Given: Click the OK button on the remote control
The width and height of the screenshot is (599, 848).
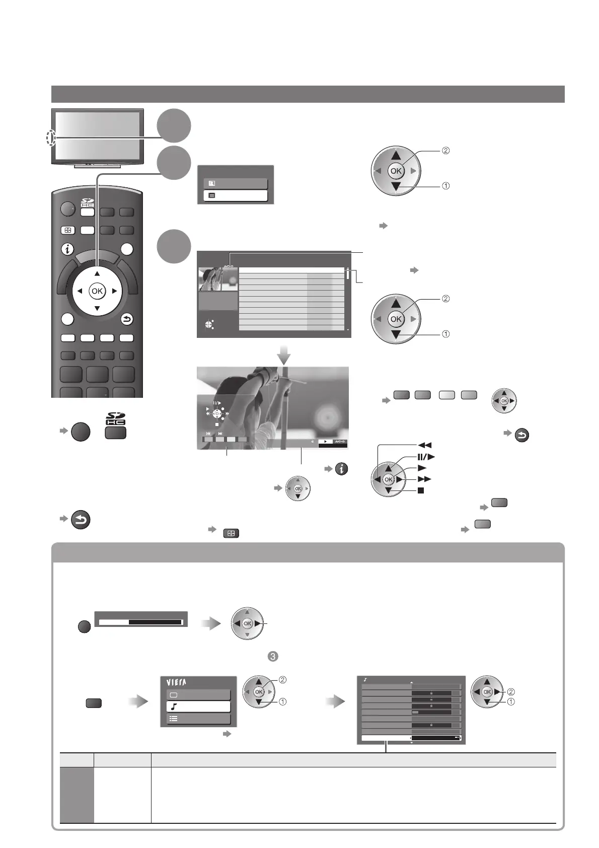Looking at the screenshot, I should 97,291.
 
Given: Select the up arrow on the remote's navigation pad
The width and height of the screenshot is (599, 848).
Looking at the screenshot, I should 97,274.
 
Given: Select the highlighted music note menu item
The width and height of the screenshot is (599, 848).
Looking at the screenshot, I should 198,706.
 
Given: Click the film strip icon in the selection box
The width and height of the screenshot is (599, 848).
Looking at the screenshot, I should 212,195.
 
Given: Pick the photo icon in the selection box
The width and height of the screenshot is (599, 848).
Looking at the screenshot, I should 212,183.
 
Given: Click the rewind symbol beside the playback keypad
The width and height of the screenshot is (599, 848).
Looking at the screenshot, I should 424,445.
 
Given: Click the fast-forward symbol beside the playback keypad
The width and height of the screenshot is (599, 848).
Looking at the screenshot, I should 425,479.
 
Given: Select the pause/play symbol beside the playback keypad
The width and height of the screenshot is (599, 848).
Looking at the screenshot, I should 426,457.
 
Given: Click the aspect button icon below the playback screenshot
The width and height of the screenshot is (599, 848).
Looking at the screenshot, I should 230,533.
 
